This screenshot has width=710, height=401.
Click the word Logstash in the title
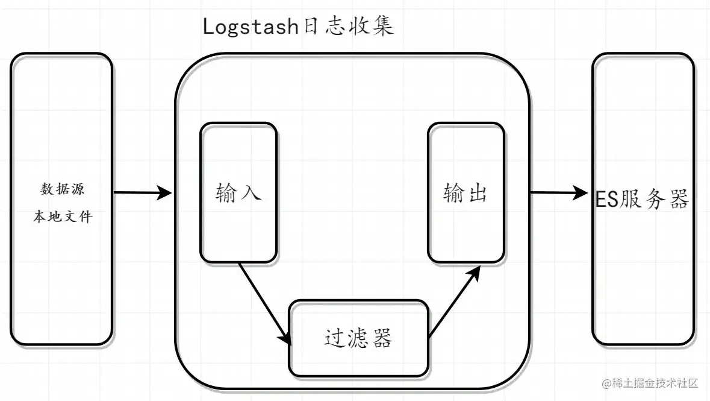(x=251, y=28)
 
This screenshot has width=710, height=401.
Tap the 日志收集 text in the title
(x=347, y=28)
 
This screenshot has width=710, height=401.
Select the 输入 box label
(x=238, y=193)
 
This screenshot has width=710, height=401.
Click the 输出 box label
(x=466, y=193)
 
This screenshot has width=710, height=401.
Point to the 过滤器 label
(x=358, y=338)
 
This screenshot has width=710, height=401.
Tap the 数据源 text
(x=62, y=189)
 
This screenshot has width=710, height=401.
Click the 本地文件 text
(x=62, y=216)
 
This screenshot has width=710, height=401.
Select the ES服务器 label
(x=642, y=200)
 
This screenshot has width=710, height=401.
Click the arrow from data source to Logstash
(x=142, y=193)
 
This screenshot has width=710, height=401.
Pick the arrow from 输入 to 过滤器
(x=264, y=302)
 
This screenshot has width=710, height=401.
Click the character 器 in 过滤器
(x=381, y=338)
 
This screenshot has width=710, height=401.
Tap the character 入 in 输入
(x=251, y=193)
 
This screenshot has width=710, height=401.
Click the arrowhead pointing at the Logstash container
(x=165, y=193)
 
